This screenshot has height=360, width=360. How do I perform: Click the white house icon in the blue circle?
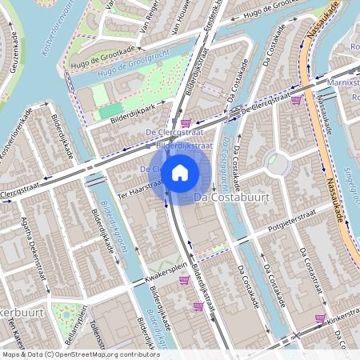click(180, 173)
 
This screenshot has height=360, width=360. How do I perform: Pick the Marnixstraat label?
click(343, 82)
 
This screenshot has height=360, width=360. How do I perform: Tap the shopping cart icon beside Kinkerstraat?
click(320, 318)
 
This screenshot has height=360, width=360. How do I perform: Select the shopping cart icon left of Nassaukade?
click(296, 100)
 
